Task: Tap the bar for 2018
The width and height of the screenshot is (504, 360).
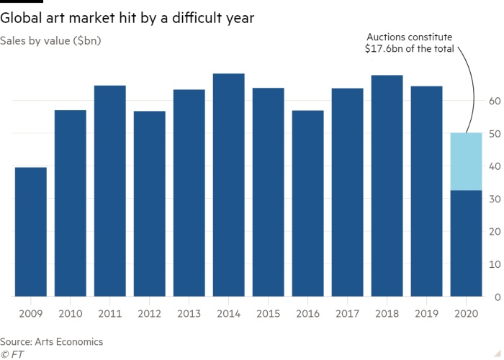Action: (x=387, y=186)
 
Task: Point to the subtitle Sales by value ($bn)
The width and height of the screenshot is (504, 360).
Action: (x=51, y=40)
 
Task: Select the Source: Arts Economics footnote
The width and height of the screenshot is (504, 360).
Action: (x=52, y=341)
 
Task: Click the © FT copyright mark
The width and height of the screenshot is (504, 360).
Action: (x=12, y=354)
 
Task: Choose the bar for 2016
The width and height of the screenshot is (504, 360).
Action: (x=307, y=203)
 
